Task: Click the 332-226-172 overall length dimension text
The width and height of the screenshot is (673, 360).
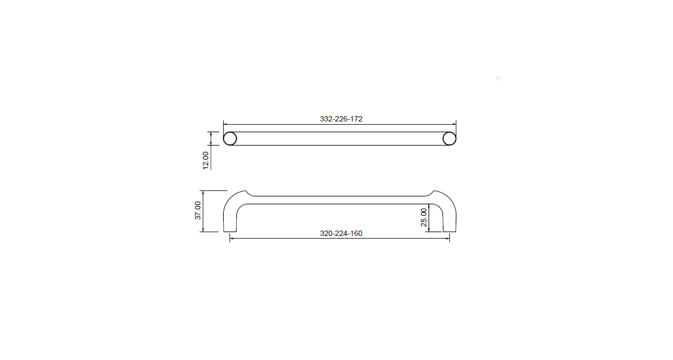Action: (x=341, y=119)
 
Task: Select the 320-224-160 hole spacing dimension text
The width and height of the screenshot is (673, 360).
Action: (x=341, y=233)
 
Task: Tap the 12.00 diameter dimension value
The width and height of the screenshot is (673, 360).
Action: (x=205, y=160)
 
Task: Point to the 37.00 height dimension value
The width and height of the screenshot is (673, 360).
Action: (x=197, y=210)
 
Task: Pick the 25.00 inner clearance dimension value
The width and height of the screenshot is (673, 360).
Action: (x=424, y=217)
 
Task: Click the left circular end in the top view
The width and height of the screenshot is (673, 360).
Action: (x=230, y=139)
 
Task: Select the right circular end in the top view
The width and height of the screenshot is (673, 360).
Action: (x=449, y=139)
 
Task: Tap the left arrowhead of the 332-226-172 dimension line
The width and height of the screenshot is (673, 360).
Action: (x=225, y=124)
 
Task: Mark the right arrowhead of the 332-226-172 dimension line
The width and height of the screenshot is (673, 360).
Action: (x=454, y=124)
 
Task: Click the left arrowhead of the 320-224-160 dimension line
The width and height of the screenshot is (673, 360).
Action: (x=232, y=238)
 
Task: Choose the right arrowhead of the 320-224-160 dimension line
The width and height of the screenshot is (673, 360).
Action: (x=447, y=238)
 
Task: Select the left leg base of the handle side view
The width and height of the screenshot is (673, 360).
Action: (x=230, y=231)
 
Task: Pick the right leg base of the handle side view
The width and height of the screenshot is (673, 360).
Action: (x=449, y=231)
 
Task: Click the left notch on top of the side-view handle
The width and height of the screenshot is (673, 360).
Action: (x=248, y=192)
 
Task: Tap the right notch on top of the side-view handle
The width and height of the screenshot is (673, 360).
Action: (x=431, y=192)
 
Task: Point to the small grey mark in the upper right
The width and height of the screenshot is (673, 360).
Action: (x=499, y=79)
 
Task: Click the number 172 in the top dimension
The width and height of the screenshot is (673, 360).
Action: (x=356, y=119)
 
